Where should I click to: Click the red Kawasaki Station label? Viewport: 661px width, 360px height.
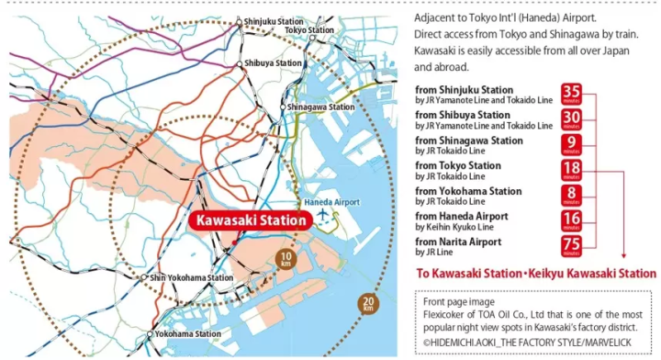(248, 221)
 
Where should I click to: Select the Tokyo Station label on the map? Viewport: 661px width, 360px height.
(310, 30)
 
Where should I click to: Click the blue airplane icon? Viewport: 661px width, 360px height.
(321, 215)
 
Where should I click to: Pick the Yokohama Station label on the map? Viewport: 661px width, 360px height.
(189, 333)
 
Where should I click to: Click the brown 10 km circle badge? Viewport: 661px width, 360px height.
(286, 257)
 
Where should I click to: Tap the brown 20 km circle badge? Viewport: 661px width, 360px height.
(367, 303)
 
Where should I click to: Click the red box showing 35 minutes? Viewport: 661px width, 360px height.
(572, 94)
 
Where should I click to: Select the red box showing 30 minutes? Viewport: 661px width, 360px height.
(572, 119)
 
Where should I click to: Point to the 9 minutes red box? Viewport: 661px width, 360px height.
(572, 144)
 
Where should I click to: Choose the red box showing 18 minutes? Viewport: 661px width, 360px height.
(572, 170)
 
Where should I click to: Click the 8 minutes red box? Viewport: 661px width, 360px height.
(572, 195)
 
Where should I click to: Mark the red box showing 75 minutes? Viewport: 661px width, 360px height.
(572, 245)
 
